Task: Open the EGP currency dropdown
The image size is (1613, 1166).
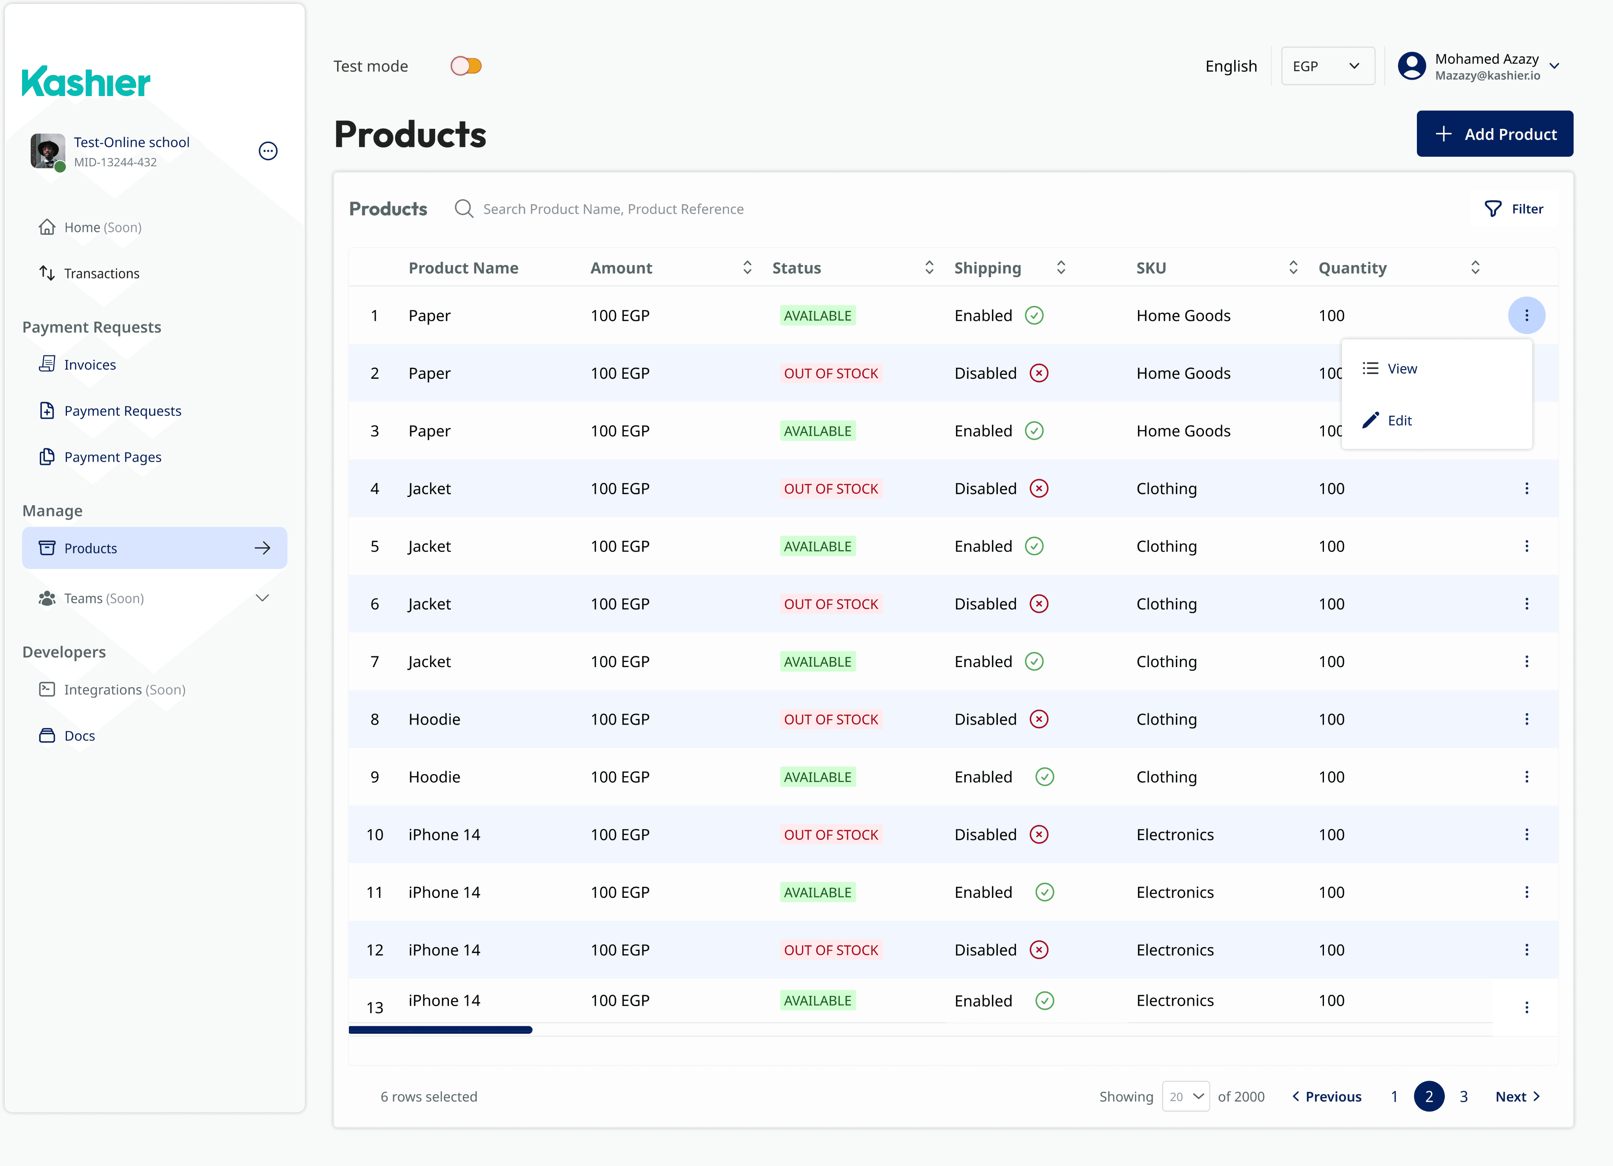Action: (x=1327, y=66)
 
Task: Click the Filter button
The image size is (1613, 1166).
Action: (x=1514, y=209)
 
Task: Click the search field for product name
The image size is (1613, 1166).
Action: (x=613, y=209)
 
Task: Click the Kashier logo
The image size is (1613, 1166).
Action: (x=86, y=82)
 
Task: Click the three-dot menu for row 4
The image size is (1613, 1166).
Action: (x=1526, y=488)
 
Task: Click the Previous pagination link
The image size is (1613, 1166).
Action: (x=1327, y=1097)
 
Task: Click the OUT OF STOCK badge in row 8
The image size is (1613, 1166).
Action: (x=831, y=719)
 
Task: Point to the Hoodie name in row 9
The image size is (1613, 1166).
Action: (x=434, y=777)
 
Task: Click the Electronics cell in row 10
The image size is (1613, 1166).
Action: (x=1175, y=835)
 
